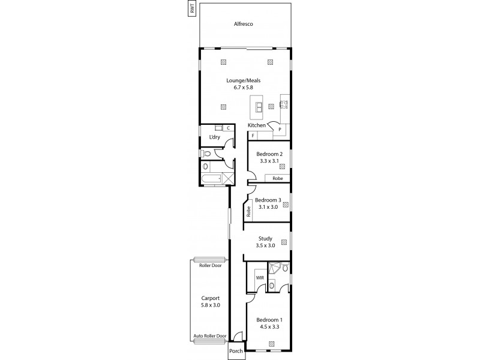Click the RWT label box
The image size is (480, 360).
(x=192, y=10)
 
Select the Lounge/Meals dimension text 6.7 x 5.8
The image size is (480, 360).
(x=243, y=88)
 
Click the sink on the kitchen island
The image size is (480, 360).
(x=259, y=107)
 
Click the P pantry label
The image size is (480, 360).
(x=280, y=130)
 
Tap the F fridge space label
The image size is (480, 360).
(x=253, y=136)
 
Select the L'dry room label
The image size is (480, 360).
(x=214, y=137)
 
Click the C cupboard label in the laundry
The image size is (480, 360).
(x=229, y=128)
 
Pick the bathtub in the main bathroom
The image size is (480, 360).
(x=211, y=179)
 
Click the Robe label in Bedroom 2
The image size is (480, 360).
(x=277, y=178)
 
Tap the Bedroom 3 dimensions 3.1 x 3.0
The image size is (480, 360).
(x=268, y=207)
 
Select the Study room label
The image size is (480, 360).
(x=265, y=238)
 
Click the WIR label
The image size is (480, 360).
(x=260, y=278)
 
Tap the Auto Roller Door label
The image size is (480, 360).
(x=209, y=336)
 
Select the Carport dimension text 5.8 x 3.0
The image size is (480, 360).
(x=210, y=305)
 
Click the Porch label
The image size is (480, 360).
(x=236, y=351)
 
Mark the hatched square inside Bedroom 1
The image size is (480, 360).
(x=272, y=344)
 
